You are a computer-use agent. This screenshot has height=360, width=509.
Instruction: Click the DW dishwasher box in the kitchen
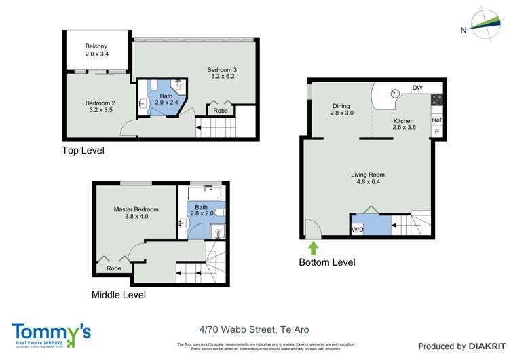click(417, 88)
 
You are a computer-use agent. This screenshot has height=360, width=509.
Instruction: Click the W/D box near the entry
click(357, 230)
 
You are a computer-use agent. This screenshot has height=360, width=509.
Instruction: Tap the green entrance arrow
click(314, 247)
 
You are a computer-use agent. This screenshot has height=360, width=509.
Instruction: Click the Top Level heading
click(83, 151)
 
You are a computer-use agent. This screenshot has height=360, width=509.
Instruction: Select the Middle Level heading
click(118, 295)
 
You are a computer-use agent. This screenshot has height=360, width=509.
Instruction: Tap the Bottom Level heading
click(327, 262)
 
